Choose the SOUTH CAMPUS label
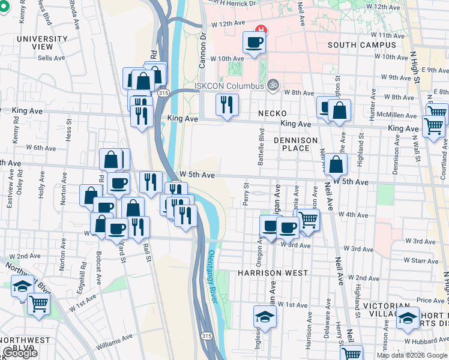[x=359, y=45]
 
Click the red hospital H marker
[x=261, y=29]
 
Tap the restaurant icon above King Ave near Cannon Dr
[x=227, y=105]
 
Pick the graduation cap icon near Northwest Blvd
[x=22, y=286]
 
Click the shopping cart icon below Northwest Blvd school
[x=39, y=304]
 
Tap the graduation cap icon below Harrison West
[x=265, y=316]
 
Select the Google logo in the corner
[x=20, y=353]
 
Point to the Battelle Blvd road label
[x=262, y=142]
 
